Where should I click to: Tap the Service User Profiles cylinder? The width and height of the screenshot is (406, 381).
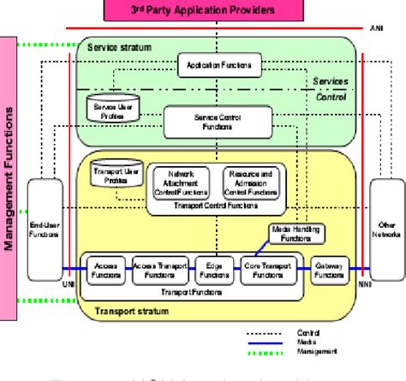pyautogui.click(x=107, y=107)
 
